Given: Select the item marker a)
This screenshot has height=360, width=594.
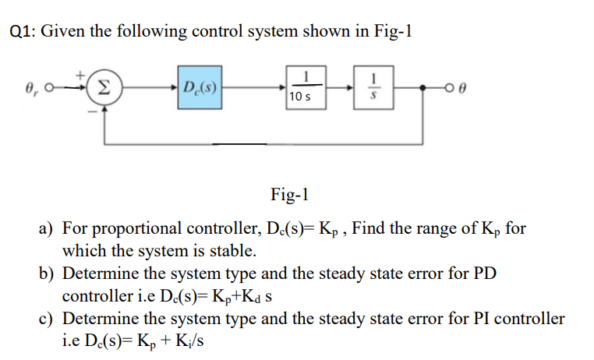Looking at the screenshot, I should coord(48,229).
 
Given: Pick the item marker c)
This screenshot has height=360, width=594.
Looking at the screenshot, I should coord(48,319).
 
